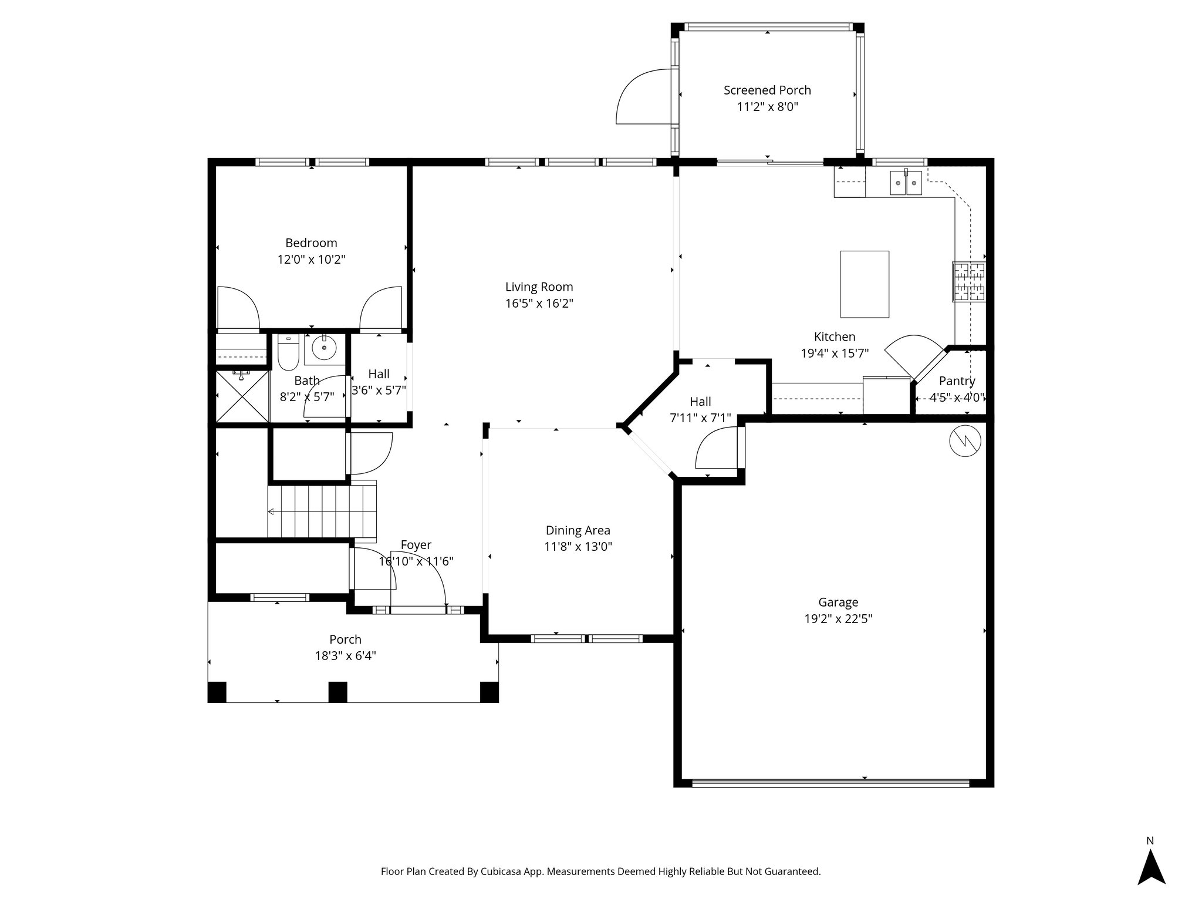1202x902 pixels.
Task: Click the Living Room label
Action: [539, 287]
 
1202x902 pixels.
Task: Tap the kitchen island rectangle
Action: [865, 284]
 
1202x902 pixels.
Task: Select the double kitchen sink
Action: [907, 183]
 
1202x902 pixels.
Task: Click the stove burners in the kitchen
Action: [968, 282]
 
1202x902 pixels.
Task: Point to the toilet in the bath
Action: [288, 352]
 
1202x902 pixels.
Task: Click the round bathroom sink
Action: [323, 348]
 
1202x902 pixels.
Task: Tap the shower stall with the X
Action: [242, 396]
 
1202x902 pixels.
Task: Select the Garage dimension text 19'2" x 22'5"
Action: [838, 618]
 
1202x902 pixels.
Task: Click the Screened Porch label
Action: [767, 90]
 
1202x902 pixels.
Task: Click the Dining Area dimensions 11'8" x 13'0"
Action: [578, 547]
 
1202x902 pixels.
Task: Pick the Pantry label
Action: [957, 381]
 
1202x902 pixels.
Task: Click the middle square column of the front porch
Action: [337, 692]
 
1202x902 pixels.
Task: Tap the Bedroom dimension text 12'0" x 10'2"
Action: [311, 260]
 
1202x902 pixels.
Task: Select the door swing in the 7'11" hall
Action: [715, 448]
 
